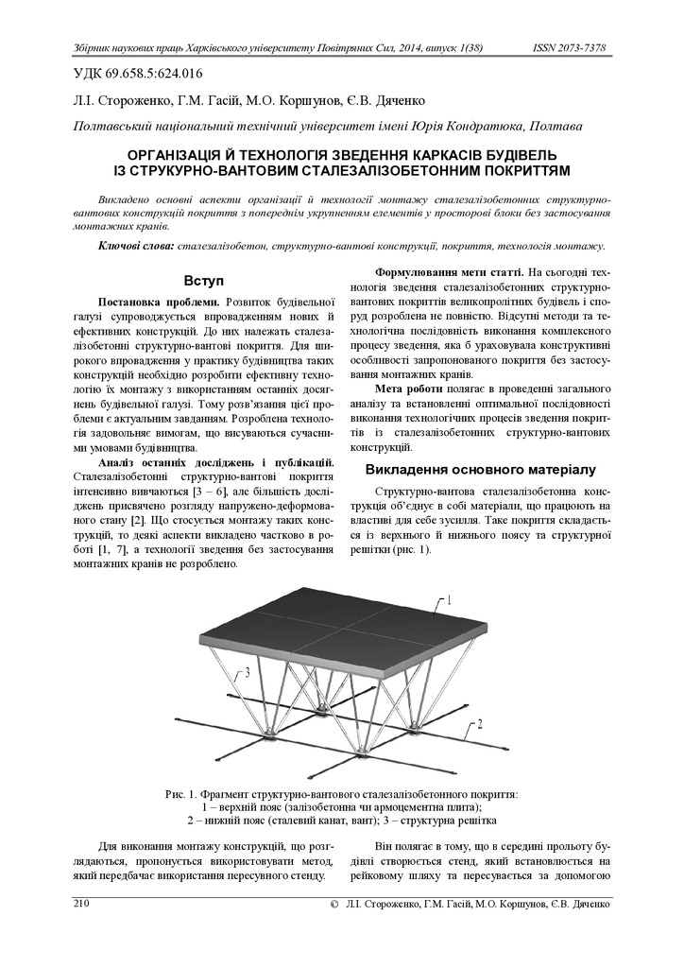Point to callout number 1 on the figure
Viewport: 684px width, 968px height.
click(x=449, y=599)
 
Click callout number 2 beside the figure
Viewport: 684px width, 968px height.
click(x=479, y=724)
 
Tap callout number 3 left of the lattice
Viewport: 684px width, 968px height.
click(x=247, y=672)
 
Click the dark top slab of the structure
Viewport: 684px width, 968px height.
click(x=340, y=624)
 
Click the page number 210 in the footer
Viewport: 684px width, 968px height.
click(x=81, y=905)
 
